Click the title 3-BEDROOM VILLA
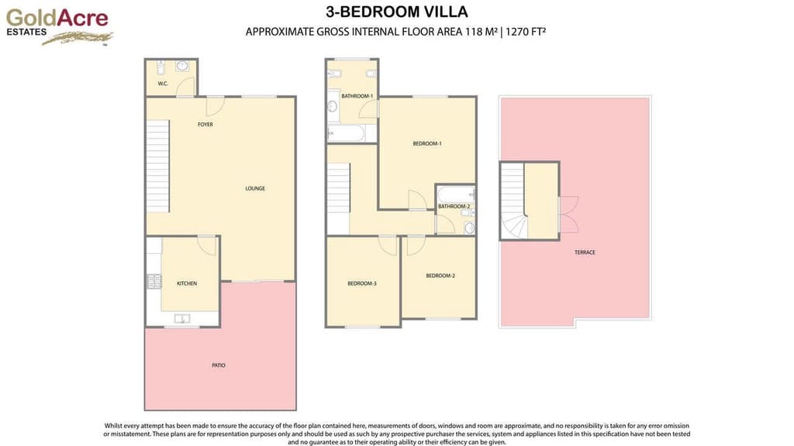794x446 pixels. coord(397,12)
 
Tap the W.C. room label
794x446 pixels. coord(163,84)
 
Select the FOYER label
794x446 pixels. coord(205,125)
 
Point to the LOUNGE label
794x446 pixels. coord(255,188)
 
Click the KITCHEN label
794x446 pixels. coord(187,283)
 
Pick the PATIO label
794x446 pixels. coord(219,365)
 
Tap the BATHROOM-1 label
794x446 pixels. coord(357,96)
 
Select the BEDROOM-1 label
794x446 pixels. coord(427,143)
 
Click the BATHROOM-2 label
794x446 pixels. coord(454,207)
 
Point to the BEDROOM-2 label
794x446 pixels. coord(440,276)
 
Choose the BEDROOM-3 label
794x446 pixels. coord(362,283)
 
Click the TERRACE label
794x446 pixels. coord(585,252)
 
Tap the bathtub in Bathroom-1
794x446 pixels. coord(346,133)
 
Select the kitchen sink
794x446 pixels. coord(183,318)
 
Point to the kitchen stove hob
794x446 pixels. coord(154,282)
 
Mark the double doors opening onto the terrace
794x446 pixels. coord(568,215)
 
